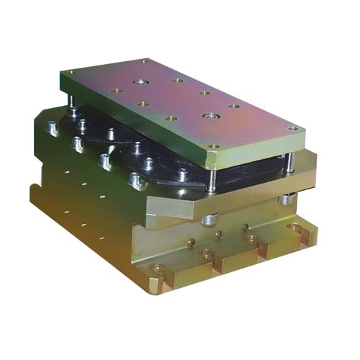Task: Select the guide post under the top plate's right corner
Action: [x=289, y=163]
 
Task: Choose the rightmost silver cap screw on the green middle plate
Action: [x=133, y=179]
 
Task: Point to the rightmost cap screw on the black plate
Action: [x=184, y=174]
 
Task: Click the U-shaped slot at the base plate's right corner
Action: [x=295, y=230]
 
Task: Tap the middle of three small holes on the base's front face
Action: [x=218, y=235]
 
